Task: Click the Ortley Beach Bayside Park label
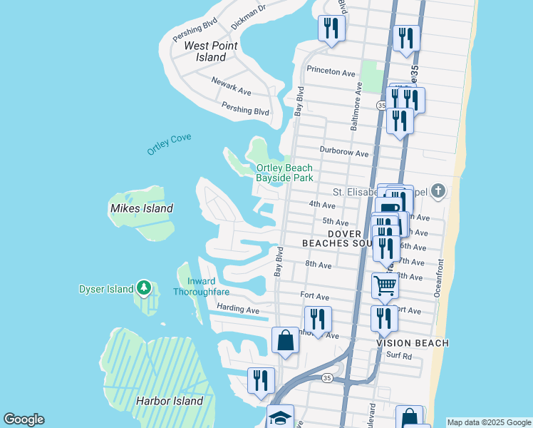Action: tap(284, 173)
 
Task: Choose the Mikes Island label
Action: tap(141, 208)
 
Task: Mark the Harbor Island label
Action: tap(169, 401)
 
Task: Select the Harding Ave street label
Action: tap(238, 310)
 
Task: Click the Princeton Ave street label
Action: tap(331, 71)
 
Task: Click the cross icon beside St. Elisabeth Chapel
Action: tap(438, 191)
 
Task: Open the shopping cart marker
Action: tap(385, 285)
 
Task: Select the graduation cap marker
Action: tap(280, 417)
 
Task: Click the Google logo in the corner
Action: tap(24, 419)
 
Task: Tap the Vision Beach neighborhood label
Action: tap(413, 343)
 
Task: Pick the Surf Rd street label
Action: tap(399, 356)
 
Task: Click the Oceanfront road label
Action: tap(438, 279)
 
